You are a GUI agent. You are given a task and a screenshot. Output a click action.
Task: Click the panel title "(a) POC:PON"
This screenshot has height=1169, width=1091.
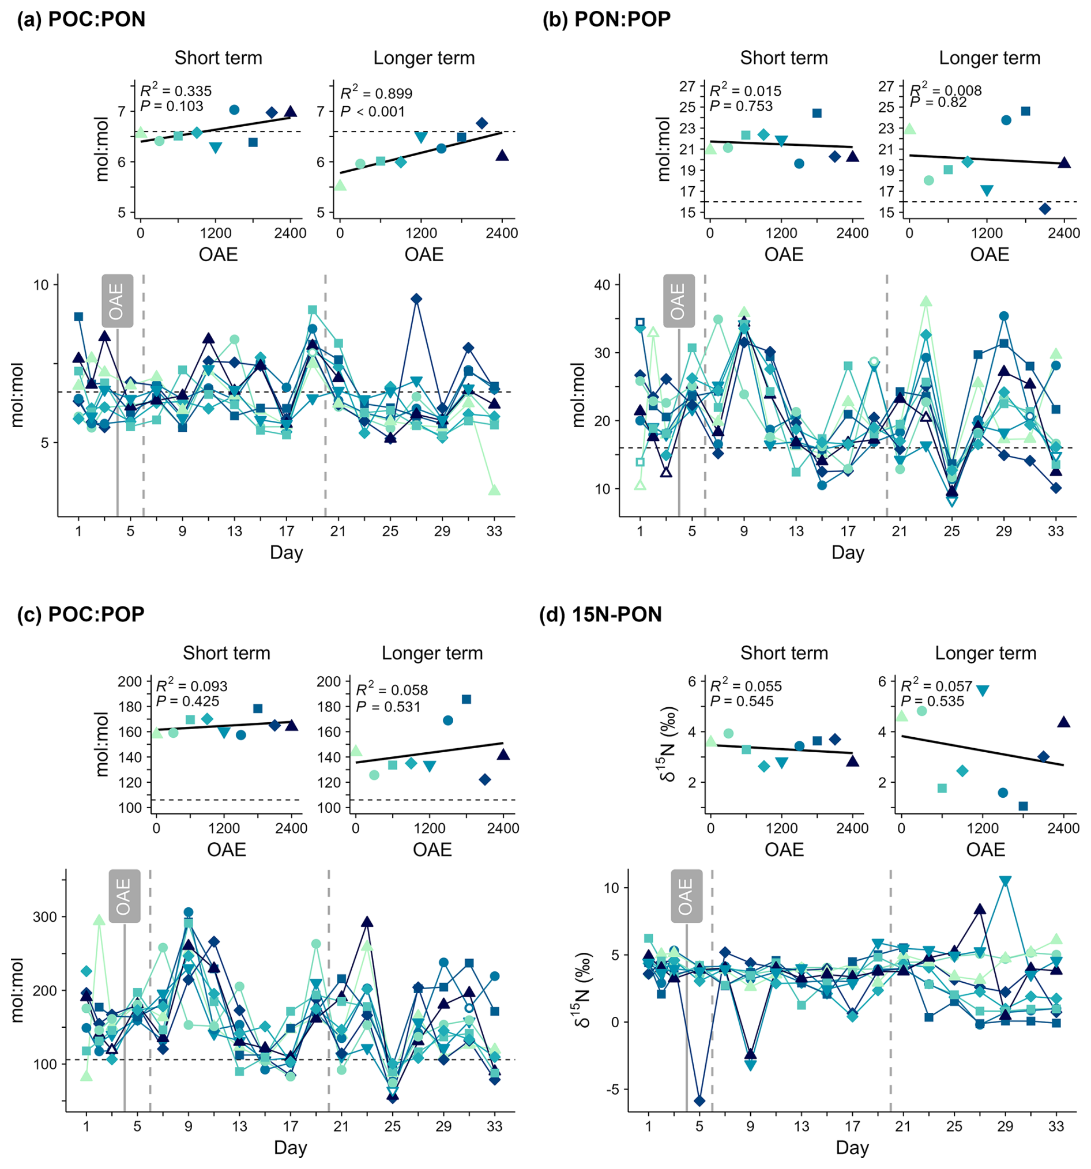[x=81, y=20]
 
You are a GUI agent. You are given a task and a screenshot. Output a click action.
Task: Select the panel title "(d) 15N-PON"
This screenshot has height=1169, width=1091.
[x=600, y=614]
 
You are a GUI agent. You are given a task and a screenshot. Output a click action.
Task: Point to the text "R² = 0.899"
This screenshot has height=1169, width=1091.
[x=377, y=93]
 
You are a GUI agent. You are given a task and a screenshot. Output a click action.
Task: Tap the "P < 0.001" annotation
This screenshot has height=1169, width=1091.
[x=373, y=112]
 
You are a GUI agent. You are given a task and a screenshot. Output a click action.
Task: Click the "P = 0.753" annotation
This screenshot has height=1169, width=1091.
[x=741, y=107]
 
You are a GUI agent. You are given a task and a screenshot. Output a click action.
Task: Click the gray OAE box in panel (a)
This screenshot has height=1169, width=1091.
[x=117, y=300]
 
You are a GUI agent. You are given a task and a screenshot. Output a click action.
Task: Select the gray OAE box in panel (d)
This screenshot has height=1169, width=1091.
[x=686, y=896]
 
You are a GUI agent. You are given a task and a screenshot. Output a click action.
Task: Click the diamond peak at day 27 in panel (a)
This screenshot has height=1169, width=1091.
[x=416, y=299]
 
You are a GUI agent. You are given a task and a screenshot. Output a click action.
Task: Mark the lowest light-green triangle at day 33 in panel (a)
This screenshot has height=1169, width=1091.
[x=494, y=490]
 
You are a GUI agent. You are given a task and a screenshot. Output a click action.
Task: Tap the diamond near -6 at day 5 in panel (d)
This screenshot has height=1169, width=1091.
[x=699, y=1101]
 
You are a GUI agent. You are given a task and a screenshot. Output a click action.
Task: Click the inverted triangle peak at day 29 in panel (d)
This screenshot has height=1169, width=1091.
[x=1005, y=881]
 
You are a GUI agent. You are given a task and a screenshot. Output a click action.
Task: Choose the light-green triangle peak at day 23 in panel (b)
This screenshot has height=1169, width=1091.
[x=926, y=301]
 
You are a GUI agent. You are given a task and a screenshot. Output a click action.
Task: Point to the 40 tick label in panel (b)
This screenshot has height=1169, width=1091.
[x=603, y=285]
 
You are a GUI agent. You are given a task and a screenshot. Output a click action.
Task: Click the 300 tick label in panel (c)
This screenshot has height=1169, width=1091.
[x=45, y=917]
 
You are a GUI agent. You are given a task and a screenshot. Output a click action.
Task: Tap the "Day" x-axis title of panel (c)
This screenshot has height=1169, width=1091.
[x=290, y=1148]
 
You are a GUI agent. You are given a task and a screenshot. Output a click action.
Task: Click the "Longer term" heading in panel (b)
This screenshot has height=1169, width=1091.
[x=990, y=58]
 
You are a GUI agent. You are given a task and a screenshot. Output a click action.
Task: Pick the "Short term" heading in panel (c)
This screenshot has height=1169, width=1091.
[x=227, y=653]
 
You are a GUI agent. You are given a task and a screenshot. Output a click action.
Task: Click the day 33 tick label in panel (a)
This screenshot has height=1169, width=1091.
[x=494, y=531]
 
